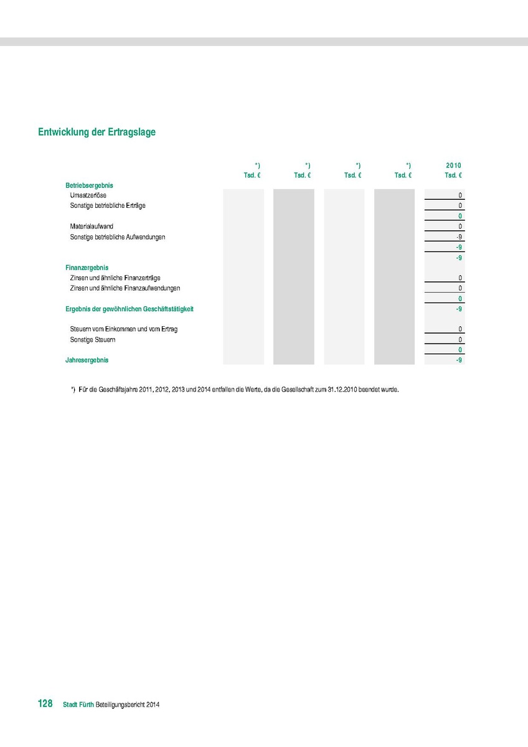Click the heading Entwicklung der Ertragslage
pos(97,132)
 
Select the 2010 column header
pos(453,166)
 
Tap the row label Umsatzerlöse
pos(88,195)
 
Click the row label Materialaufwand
pos(92,227)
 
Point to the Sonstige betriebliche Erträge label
pos(108,205)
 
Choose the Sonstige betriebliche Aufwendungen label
pos(118,237)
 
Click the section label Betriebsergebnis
pos(89,186)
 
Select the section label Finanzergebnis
pos(87,268)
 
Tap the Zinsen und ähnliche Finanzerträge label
pos(115,278)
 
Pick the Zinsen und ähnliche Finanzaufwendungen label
pos(125,288)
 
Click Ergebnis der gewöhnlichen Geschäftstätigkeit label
pos(134,309)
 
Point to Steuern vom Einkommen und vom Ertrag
pos(124,329)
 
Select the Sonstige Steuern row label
pos(93,340)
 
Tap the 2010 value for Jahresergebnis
pos(458,360)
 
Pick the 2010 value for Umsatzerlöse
pos(460,195)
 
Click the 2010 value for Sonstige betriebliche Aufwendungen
pos(458,237)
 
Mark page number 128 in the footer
pos(45,703)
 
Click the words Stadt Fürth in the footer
pos(78,705)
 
